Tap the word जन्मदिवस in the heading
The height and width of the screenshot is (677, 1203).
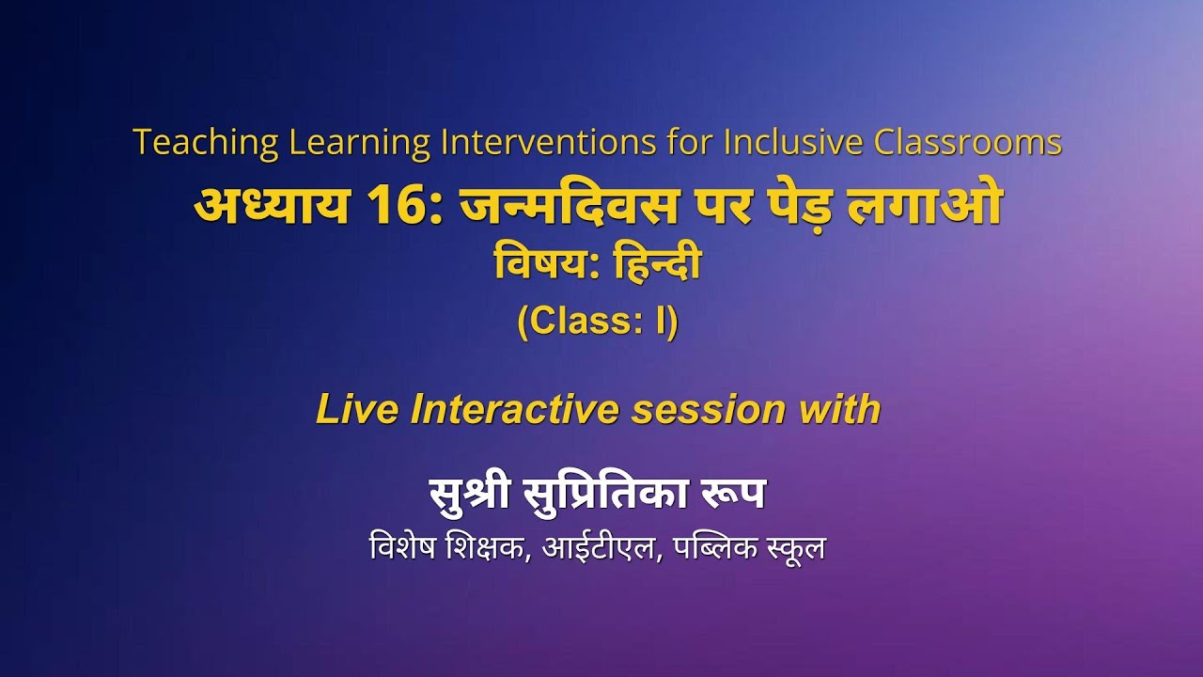[x=569, y=207]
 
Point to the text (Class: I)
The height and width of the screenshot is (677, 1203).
[x=598, y=323]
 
